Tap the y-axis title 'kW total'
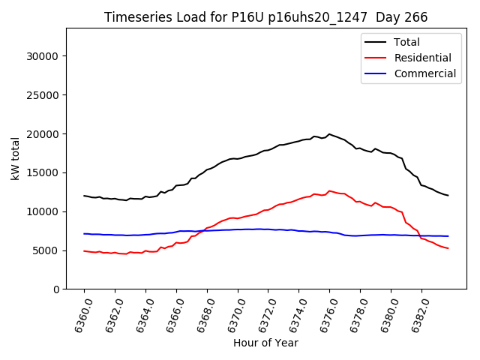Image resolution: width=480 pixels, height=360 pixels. pyautogui.click(x=16, y=158)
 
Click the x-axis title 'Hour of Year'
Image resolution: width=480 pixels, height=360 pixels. pyautogui.click(x=265, y=343)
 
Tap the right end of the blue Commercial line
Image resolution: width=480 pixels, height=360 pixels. pyautogui.click(x=448, y=236)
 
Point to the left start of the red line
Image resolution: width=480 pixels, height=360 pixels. pyautogui.click(x=84, y=250)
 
